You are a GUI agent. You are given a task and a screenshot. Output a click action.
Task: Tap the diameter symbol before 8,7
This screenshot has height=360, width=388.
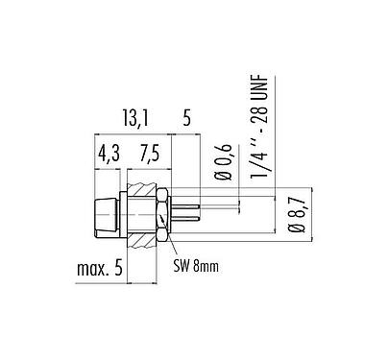[x=295, y=228]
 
